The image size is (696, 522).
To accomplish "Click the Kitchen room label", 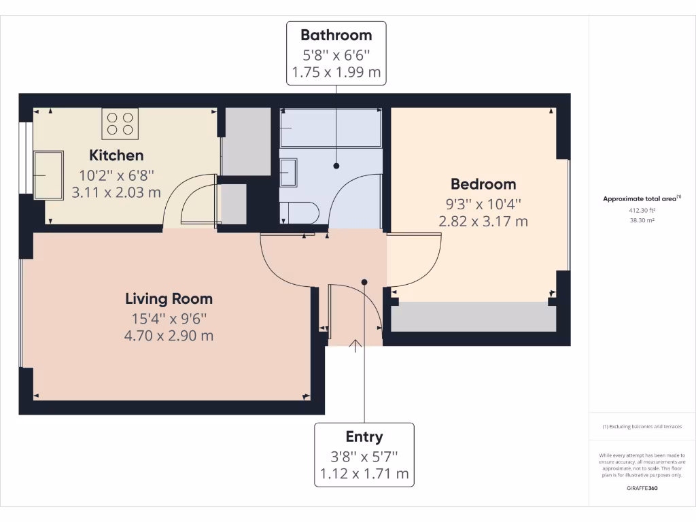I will [116, 155].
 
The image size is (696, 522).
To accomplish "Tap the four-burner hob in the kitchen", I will [120, 123].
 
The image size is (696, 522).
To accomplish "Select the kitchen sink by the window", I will [48, 175].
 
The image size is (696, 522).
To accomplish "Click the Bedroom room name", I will [483, 184].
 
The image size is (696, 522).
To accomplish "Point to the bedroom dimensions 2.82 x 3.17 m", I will [483, 221].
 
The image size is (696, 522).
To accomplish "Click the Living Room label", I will [169, 298].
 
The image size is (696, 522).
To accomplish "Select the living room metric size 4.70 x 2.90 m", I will [169, 335].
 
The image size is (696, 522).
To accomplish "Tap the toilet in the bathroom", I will [299, 212].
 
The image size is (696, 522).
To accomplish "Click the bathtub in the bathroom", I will [331, 128].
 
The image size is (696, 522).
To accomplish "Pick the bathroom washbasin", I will [288, 172].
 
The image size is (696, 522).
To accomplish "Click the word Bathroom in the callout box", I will [336, 35].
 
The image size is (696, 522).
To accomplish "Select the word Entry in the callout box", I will [364, 436].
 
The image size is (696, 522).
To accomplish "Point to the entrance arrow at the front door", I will [355, 346].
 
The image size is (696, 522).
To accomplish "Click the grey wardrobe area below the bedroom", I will [472, 318].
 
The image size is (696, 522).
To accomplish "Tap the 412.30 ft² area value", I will [642, 210].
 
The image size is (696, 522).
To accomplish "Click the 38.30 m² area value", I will [642, 220].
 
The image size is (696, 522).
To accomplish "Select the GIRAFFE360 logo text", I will [642, 488].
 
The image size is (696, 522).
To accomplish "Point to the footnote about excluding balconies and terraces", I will [642, 427].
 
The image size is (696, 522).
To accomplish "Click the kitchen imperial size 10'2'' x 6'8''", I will [116, 175].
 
